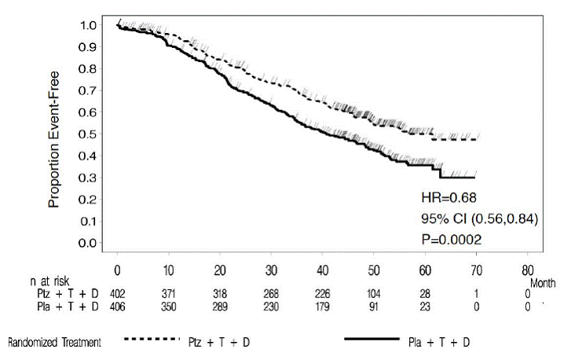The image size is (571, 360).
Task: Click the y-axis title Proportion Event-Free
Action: coord(54,134)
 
